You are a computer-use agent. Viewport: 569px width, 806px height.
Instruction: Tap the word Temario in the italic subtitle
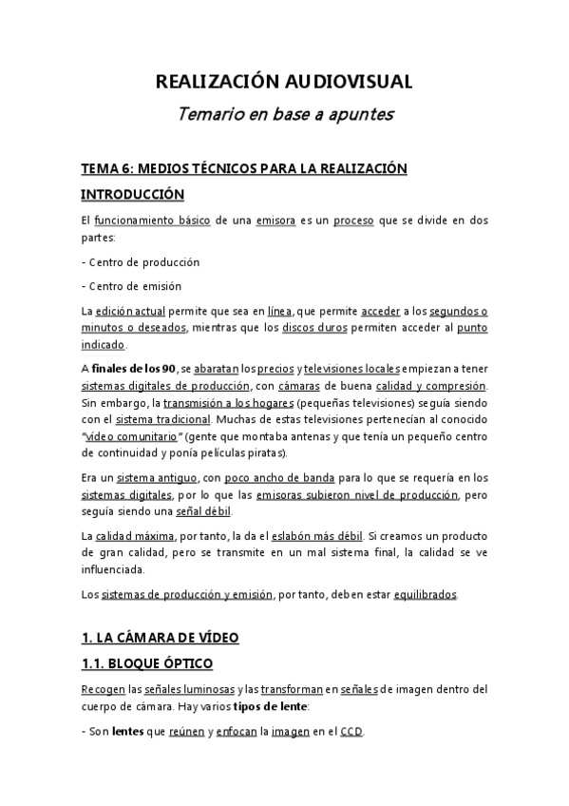(210, 115)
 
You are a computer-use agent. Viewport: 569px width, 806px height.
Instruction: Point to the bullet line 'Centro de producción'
(143, 261)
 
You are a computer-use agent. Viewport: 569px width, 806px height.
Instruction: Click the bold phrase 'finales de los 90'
(132, 370)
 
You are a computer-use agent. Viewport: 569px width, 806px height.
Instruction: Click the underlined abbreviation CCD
(351, 732)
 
